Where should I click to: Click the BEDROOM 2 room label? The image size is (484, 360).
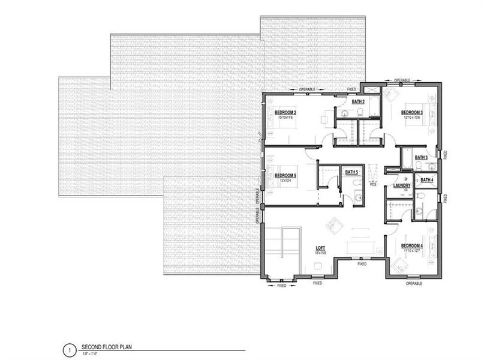pyautogui.click(x=285, y=112)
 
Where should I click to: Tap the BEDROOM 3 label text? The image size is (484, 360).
pyautogui.click(x=412, y=112)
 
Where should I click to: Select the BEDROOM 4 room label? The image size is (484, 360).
pyautogui.click(x=412, y=245)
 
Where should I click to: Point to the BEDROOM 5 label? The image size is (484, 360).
pyautogui.click(x=285, y=176)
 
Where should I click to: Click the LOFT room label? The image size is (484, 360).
pyautogui.click(x=321, y=247)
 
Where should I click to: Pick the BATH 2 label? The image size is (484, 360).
pyautogui.click(x=358, y=102)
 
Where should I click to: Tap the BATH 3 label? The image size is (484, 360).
pyautogui.click(x=422, y=157)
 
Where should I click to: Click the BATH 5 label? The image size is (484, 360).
pyautogui.click(x=351, y=172)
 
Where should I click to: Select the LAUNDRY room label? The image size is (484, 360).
pyautogui.click(x=401, y=186)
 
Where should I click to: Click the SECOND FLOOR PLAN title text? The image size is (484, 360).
pyautogui.click(x=107, y=347)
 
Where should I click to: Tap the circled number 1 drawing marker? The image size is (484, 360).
pyautogui.click(x=70, y=348)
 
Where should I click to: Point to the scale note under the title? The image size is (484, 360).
pyautogui.click(x=91, y=353)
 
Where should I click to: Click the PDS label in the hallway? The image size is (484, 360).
pyautogui.click(x=372, y=185)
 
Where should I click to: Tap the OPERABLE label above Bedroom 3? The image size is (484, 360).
pyautogui.click(x=402, y=80)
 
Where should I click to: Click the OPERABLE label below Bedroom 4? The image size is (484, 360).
pyautogui.click(x=414, y=283)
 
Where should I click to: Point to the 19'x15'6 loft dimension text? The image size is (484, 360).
pyautogui.click(x=321, y=253)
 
